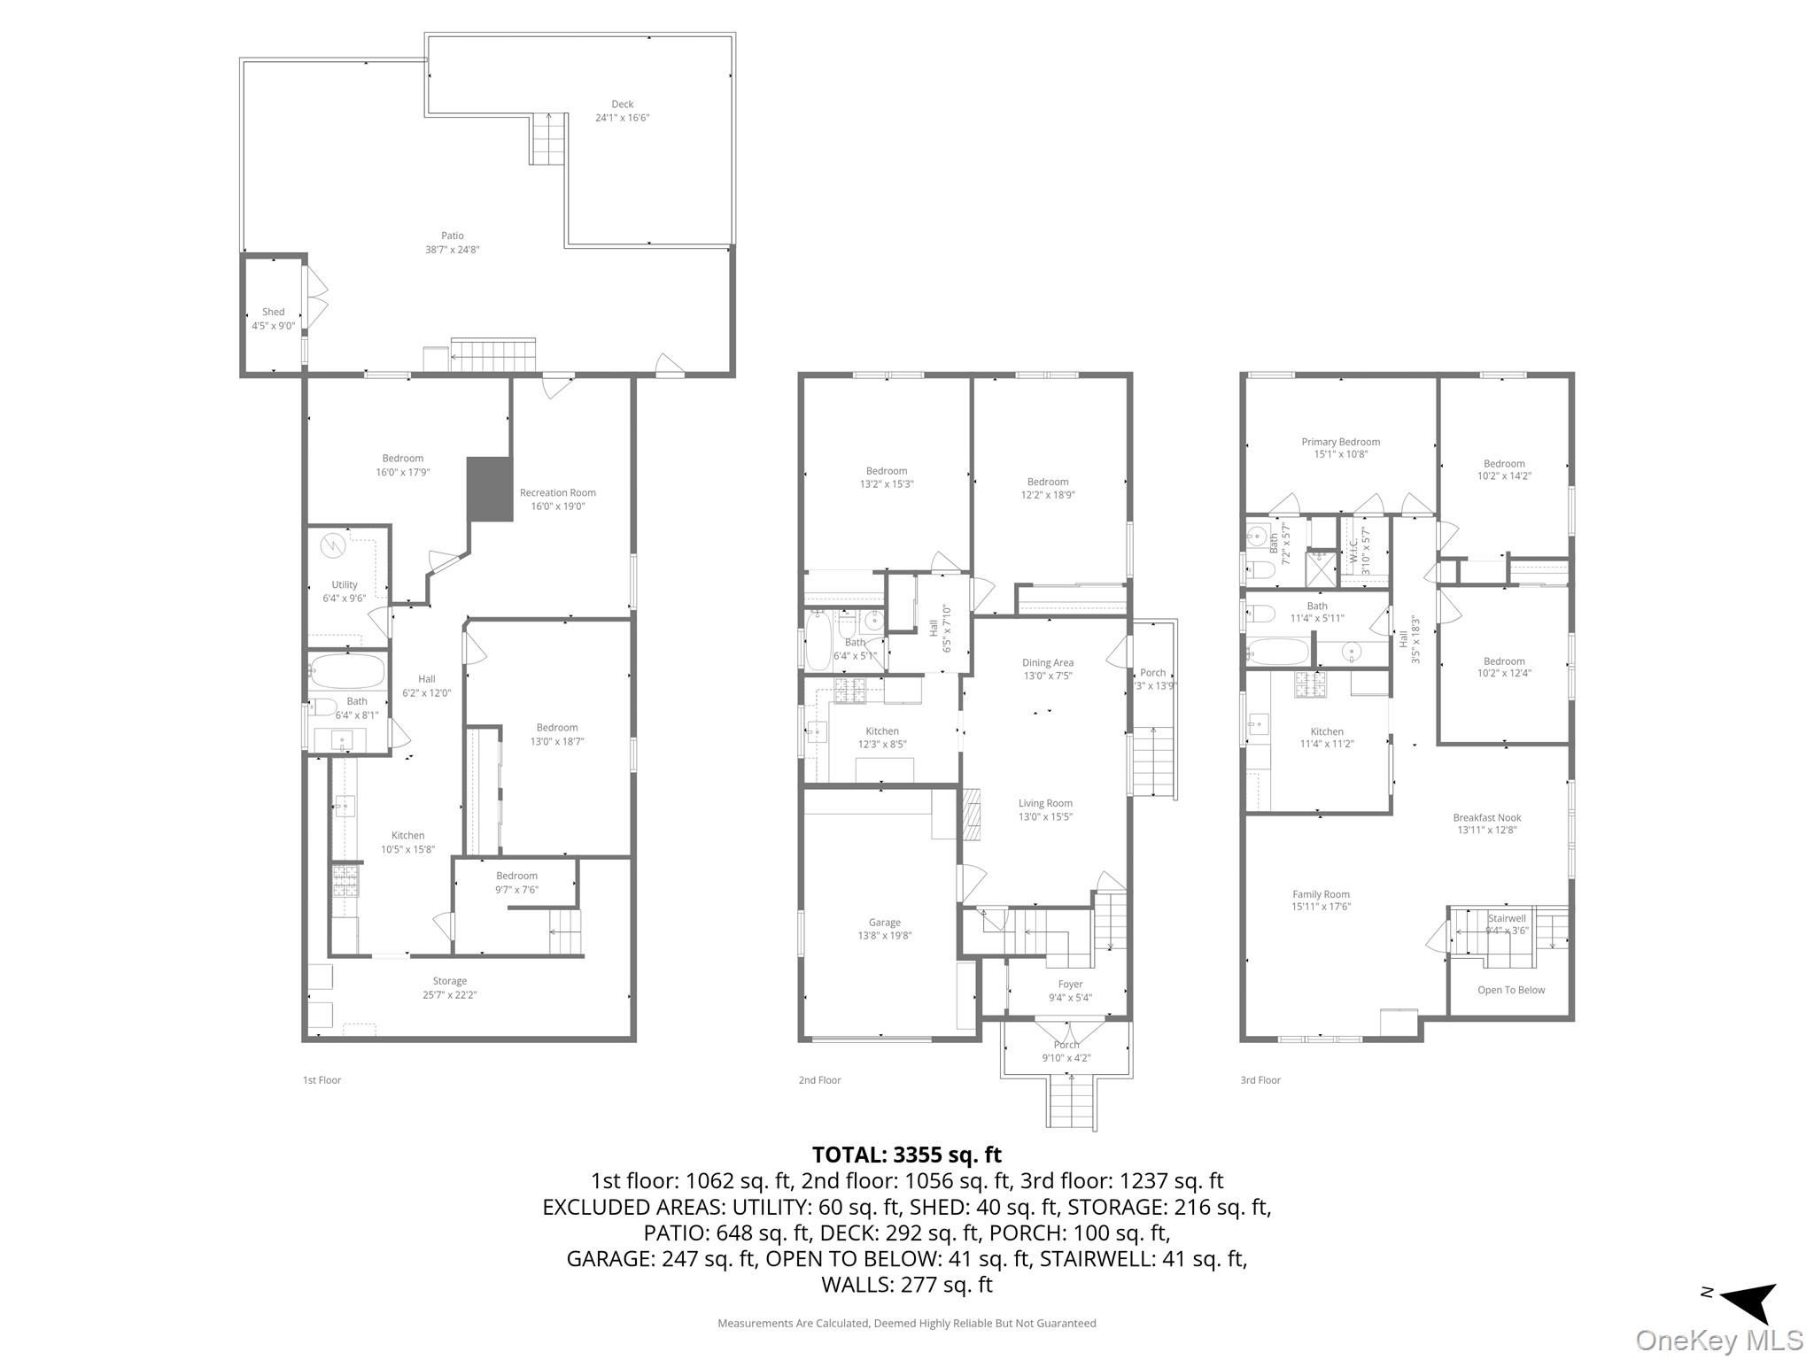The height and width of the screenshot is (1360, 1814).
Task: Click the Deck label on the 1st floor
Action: [x=622, y=104]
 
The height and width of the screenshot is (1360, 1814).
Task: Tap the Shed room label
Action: [x=273, y=313]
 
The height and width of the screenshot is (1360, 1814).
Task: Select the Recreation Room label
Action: [x=557, y=493]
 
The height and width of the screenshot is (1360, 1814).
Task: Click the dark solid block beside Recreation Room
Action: [x=490, y=489]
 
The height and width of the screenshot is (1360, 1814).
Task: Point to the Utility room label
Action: [x=344, y=585]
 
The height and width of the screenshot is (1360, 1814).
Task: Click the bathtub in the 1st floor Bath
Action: [x=347, y=670]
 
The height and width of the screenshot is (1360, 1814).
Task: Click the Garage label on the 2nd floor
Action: [x=883, y=923]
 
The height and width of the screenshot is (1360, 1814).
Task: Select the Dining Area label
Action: [x=1047, y=662]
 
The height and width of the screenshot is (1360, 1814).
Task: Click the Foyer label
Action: [x=1069, y=984]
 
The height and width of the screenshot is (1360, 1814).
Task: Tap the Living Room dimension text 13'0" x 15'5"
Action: [x=1045, y=817]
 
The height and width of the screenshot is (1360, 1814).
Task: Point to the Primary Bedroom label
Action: [x=1339, y=442]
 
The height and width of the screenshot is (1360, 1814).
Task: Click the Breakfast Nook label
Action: [x=1486, y=818]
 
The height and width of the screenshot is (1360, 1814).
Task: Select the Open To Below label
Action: [x=1510, y=990]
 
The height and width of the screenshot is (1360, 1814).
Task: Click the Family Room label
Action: [x=1320, y=894]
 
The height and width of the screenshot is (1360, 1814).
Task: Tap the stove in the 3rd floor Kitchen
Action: [x=1311, y=684]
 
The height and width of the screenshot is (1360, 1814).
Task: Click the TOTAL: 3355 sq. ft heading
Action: [x=906, y=1155]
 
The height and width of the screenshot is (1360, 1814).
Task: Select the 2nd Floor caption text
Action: [x=818, y=1080]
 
